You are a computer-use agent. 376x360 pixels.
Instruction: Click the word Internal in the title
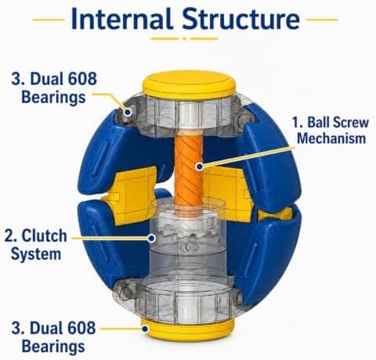[121, 19]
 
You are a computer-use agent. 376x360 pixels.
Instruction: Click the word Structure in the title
[241, 19]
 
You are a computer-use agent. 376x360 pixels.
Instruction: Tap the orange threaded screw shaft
[189, 171]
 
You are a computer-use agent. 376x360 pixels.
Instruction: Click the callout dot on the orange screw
[200, 166]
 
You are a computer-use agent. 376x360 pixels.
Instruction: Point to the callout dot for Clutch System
[152, 238]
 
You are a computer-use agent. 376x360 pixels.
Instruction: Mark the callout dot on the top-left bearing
[128, 112]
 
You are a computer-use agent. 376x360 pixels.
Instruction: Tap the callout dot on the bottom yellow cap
[145, 329]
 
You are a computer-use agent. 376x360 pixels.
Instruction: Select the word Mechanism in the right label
[331, 138]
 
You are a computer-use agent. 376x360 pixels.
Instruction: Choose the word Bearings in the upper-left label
[53, 97]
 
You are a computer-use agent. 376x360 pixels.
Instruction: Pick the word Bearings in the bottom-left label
[53, 347]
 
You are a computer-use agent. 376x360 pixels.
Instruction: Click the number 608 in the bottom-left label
[82, 328]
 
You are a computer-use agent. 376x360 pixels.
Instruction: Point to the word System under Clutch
[36, 254]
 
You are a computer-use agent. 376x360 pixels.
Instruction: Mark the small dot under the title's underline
[184, 38]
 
